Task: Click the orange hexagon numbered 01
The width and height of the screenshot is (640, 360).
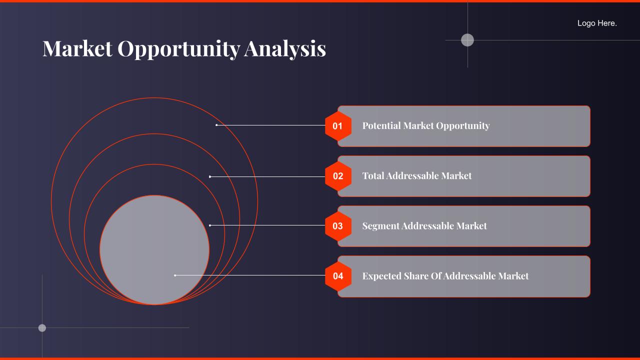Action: pos(338,126)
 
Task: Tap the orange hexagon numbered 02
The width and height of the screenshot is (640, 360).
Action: pos(338,176)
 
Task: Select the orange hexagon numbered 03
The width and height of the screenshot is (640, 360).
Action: pos(338,226)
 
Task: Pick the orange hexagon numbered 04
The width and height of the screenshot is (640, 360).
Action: pos(338,276)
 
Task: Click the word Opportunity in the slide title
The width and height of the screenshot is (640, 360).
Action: pos(179,49)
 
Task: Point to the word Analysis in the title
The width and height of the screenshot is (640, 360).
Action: pos(285,49)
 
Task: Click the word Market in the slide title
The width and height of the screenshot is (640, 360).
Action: pos(77,48)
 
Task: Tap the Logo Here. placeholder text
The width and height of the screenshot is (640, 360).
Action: pos(597,23)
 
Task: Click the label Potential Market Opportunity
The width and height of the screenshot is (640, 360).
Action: pos(426,126)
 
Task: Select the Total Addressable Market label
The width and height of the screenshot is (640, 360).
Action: pos(417,175)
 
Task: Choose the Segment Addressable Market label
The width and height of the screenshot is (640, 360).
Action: pos(424,226)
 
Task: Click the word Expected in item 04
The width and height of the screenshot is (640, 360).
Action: pos(381,276)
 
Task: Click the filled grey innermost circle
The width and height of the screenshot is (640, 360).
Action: pos(154,250)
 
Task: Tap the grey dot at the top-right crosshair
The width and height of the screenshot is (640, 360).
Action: pos(467,40)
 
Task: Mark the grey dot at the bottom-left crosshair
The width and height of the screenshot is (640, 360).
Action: pos(42,327)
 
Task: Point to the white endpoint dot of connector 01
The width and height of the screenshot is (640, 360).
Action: pos(216,125)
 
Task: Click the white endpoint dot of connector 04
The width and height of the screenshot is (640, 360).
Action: pos(175,275)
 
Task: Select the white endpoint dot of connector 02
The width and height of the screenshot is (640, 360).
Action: pos(210,177)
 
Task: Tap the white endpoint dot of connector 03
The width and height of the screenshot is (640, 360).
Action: pos(210,225)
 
